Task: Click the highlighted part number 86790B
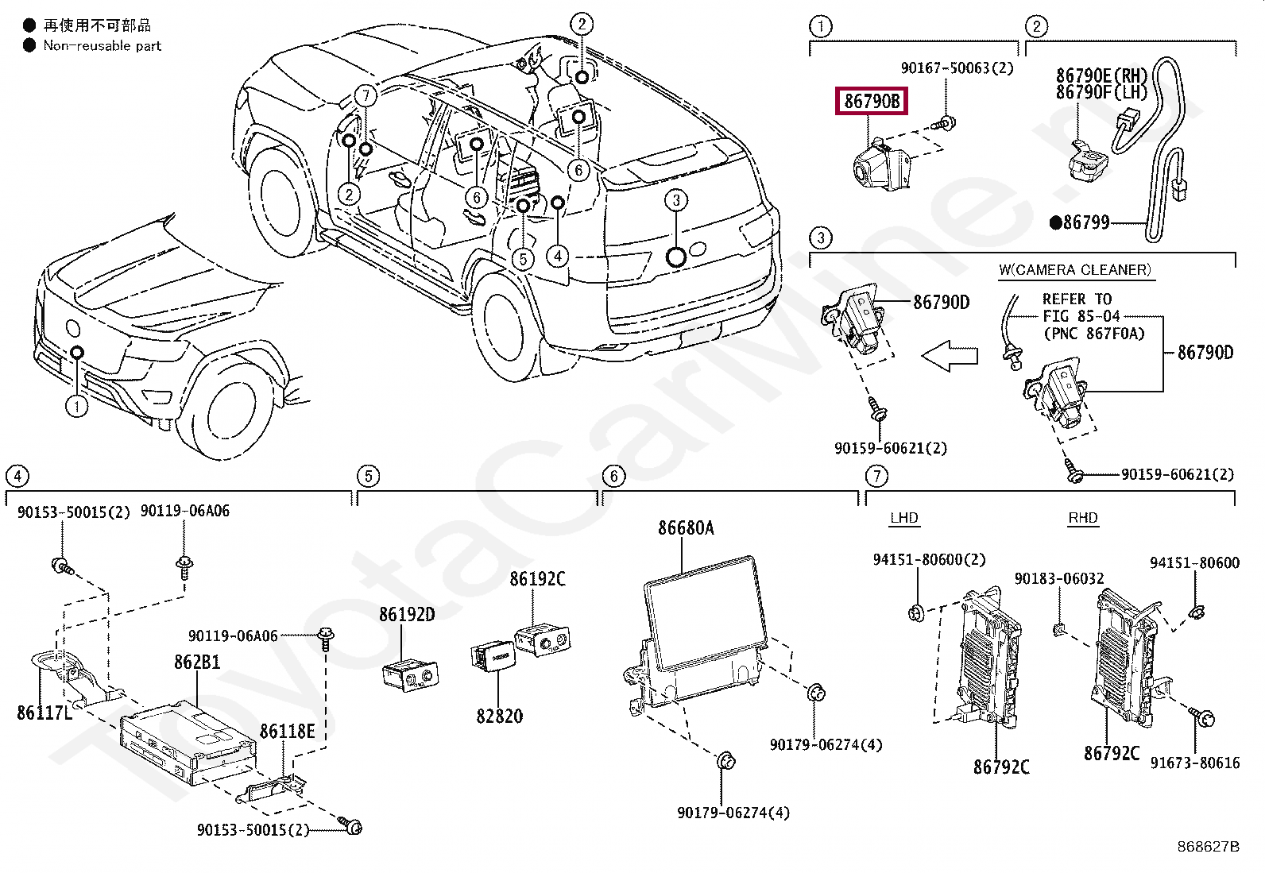tap(872, 101)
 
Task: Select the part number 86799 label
tap(1085, 222)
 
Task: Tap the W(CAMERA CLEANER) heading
tap(1074, 270)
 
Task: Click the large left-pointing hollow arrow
tap(950, 356)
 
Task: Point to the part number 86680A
tap(686, 528)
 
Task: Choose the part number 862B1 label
tap(197, 662)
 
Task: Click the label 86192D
tap(407, 614)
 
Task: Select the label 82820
tap(499, 716)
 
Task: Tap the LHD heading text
tap(904, 518)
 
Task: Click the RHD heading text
tap(1082, 518)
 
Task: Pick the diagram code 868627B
tap(1208, 847)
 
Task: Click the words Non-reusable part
tap(103, 46)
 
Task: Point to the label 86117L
tap(44, 713)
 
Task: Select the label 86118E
tap(287, 732)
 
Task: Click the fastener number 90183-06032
tap(1059, 578)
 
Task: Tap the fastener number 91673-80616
tap(1195, 763)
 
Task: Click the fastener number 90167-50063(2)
tap(957, 68)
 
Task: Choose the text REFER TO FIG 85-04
tap(1081, 307)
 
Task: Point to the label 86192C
tap(537, 579)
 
